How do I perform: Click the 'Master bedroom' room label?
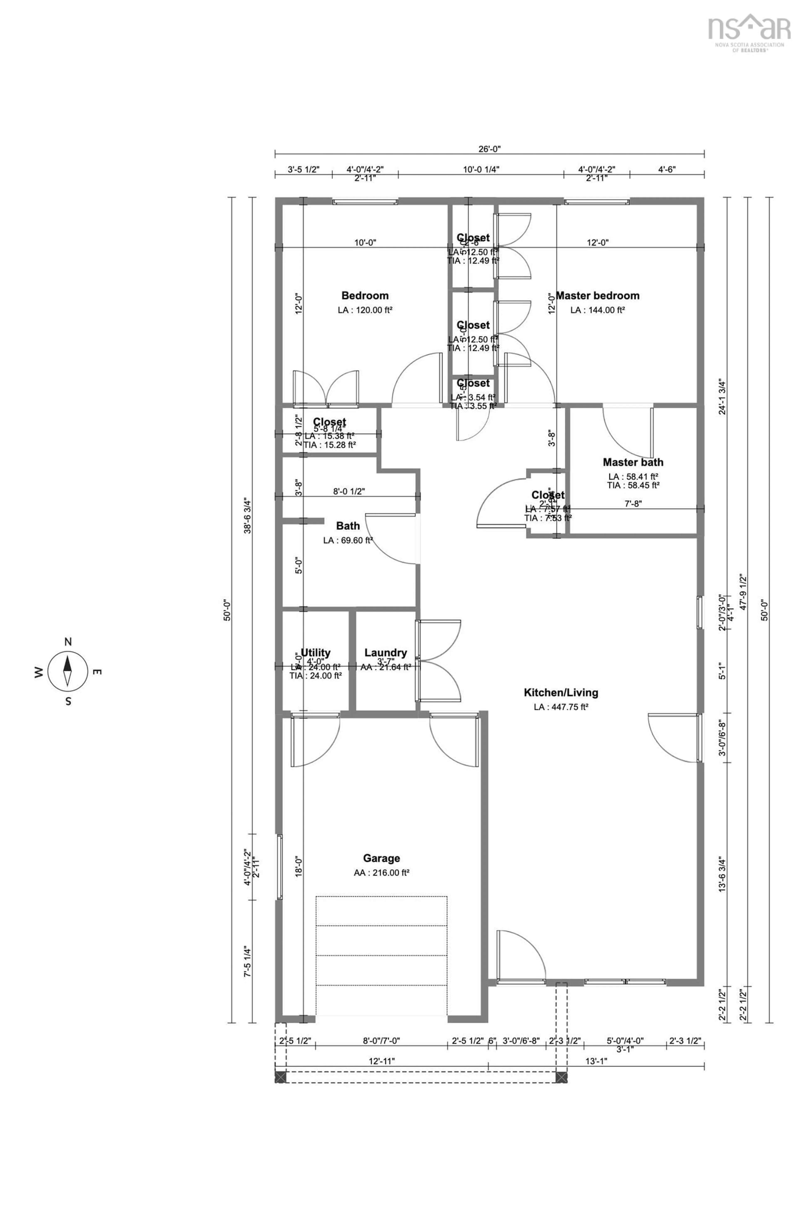pos(597,296)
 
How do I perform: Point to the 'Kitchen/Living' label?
pos(561,692)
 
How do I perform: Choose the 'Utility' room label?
pos(315,652)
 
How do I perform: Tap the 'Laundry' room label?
pos(385,652)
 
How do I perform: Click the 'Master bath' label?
pos(633,462)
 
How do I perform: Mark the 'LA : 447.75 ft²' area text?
pos(561,707)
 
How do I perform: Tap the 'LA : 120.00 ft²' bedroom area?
pos(365,310)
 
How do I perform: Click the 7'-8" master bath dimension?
pos(633,503)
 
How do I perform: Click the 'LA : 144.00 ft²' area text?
pos(597,310)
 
